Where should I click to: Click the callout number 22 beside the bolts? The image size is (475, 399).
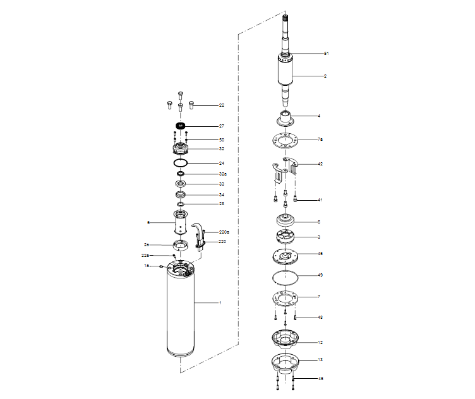(222, 105)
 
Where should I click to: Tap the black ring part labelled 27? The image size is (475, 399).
(181, 126)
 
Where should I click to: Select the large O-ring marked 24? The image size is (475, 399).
(181, 163)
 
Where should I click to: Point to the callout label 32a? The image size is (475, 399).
(223, 174)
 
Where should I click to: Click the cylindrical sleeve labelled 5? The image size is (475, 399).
(181, 223)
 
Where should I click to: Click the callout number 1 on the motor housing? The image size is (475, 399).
(220, 303)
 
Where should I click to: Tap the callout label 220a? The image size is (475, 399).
(224, 232)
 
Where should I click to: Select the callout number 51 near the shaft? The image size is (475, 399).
(327, 54)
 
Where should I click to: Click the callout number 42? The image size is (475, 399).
(320, 164)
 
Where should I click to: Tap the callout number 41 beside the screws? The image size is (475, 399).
(320, 200)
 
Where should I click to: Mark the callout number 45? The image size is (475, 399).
(320, 253)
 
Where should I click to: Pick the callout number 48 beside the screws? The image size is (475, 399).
(320, 317)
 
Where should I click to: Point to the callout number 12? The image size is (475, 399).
(320, 342)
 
